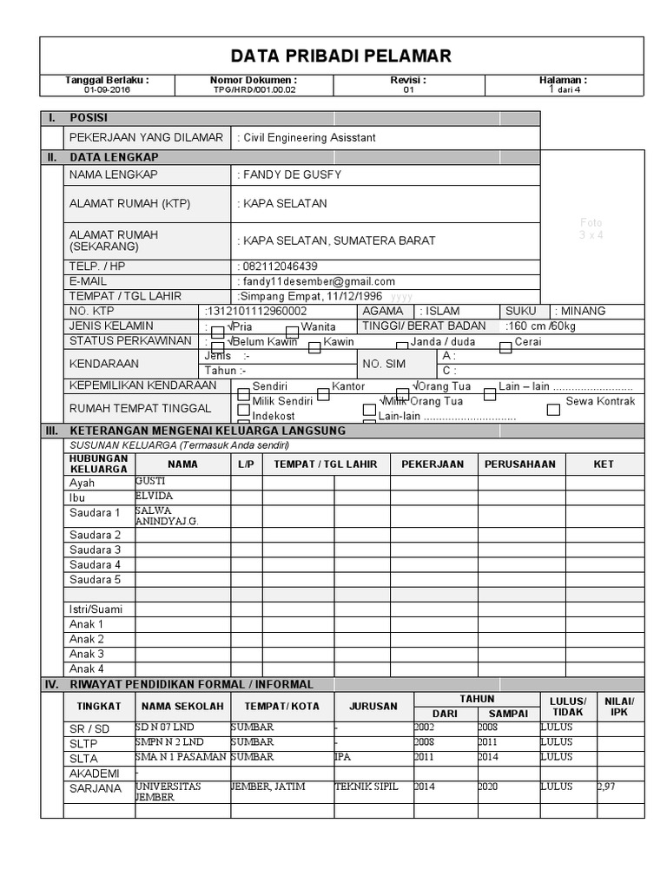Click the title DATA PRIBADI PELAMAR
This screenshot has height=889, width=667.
pyautogui.click(x=340, y=56)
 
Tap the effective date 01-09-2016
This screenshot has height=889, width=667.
pyautogui.click(x=108, y=89)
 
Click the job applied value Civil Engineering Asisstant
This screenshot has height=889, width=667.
pyautogui.click(x=309, y=137)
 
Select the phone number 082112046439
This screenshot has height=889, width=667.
pyautogui.click(x=280, y=267)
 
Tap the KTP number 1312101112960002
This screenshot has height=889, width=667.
pyautogui.click(x=256, y=311)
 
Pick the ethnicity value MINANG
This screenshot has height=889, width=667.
pyautogui.click(x=583, y=311)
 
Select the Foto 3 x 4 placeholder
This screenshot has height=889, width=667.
pyautogui.click(x=591, y=228)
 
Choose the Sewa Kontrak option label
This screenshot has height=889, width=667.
pyautogui.click(x=600, y=401)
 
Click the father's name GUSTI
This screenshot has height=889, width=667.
pyautogui.click(x=150, y=481)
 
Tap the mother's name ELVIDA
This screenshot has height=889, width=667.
pyautogui.click(x=155, y=496)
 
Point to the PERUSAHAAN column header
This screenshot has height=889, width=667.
pyautogui.click(x=519, y=464)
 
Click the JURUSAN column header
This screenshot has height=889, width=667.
pyautogui.click(x=373, y=706)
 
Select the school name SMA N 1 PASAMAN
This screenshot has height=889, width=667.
pyautogui.click(x=181, y=757)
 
